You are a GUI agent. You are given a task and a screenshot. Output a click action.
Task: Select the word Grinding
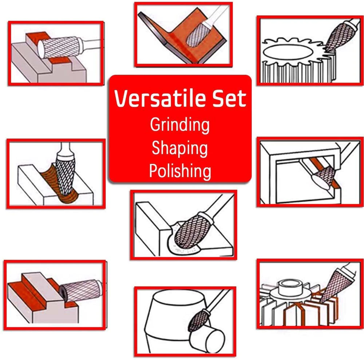(180, 125)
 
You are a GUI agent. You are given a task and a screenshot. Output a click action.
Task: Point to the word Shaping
(180, 149)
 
